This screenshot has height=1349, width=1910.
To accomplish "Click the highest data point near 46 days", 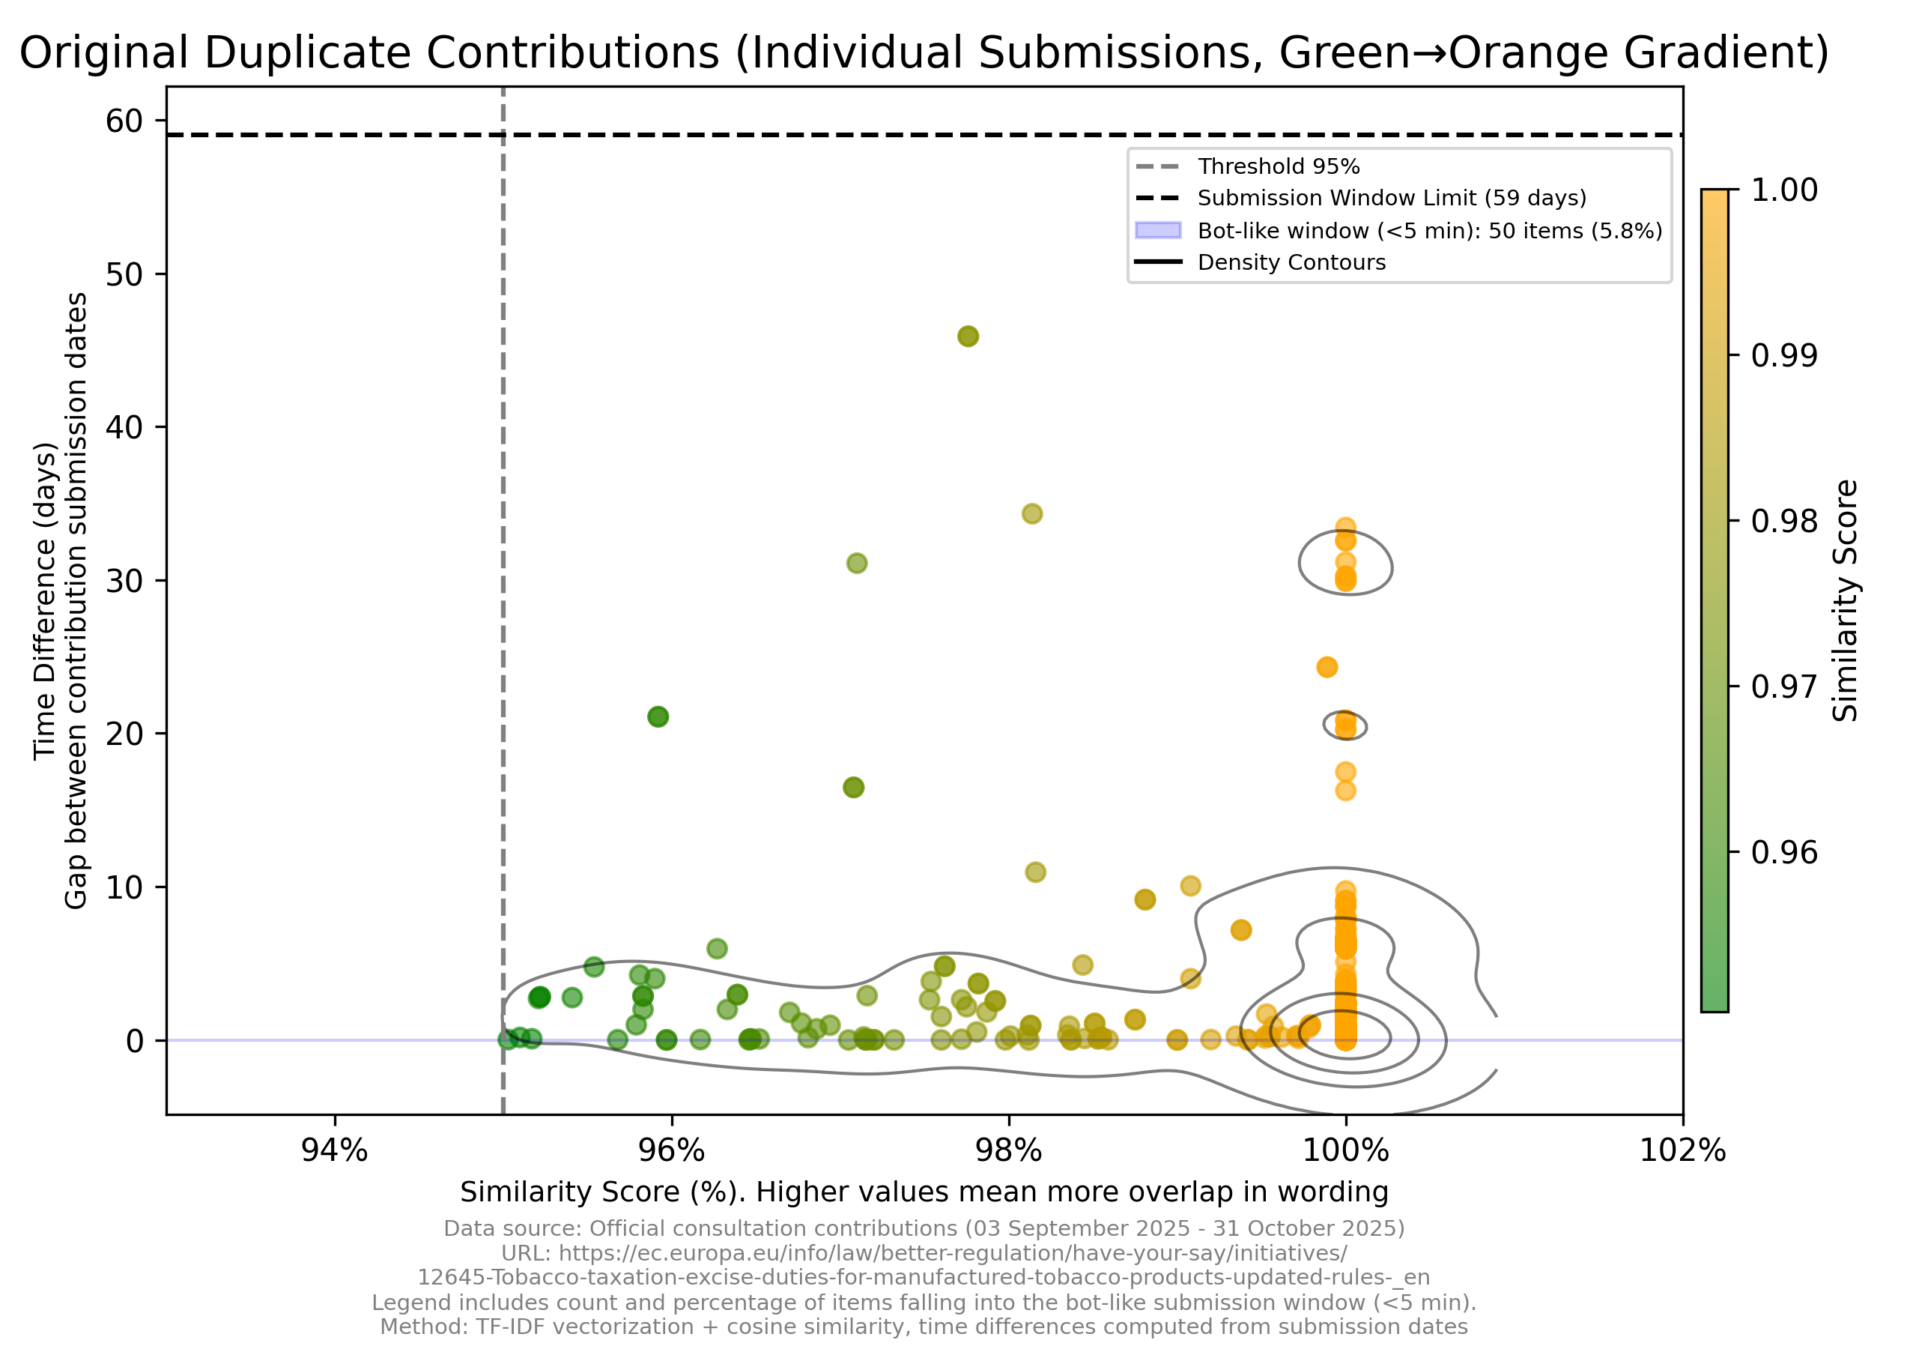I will (968, 337).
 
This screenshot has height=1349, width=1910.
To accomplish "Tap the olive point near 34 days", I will (1031, 513).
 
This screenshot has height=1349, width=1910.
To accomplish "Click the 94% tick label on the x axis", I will (334, 1151).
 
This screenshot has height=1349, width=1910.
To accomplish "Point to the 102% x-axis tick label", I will (1682, 1151).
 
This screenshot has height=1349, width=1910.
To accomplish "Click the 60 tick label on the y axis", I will (124, 121).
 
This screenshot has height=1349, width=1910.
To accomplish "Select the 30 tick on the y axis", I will (124, 581).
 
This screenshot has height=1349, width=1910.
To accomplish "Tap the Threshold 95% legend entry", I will (1278, 166).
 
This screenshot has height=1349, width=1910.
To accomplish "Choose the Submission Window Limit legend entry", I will (1391, 198).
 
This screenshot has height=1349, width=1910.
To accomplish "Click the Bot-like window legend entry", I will (1429, 231).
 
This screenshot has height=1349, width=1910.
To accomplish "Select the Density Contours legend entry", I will (1291, 262).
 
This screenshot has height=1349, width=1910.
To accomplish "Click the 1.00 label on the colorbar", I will (1783, 190).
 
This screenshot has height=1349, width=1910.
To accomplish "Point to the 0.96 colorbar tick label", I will (1783, 852).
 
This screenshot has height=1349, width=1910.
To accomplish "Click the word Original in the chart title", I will (103, 53).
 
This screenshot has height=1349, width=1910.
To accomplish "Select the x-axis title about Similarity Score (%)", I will (924, 1192).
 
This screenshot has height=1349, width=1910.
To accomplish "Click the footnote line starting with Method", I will (924, 1327).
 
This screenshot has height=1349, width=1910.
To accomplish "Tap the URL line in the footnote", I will (924, 1253).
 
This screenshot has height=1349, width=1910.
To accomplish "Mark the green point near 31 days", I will (857, 564).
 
